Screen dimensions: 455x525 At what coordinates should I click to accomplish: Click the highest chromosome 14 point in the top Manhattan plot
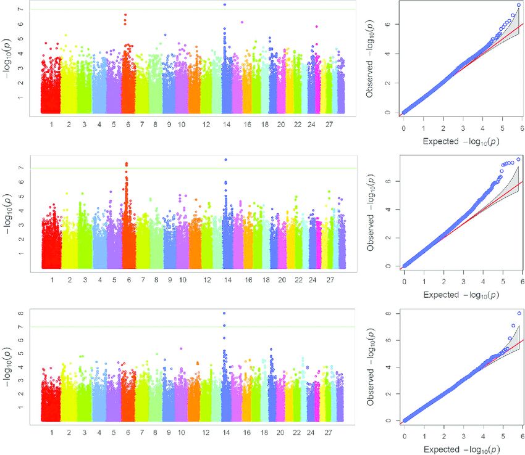225,5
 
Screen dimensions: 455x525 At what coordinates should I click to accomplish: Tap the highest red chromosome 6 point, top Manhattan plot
125,15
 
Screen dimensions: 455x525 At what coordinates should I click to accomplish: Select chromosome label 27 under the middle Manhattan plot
331,280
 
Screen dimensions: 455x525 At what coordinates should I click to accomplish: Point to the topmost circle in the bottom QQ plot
519,314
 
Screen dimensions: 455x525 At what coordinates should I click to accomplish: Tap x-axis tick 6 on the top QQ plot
522,128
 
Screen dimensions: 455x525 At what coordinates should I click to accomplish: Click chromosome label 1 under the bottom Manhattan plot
52,433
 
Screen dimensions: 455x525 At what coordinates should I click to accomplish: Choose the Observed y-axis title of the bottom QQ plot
372,366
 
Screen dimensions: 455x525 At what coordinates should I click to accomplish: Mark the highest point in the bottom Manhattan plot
224,313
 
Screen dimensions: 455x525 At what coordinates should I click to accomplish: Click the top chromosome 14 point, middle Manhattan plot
225,160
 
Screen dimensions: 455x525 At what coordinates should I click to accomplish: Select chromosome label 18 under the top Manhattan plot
266,125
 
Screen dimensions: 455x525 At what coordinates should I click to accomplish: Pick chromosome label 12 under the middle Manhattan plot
206,280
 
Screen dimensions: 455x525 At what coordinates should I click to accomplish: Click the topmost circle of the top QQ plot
519,6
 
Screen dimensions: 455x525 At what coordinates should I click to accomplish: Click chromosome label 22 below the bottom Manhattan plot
297,433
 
